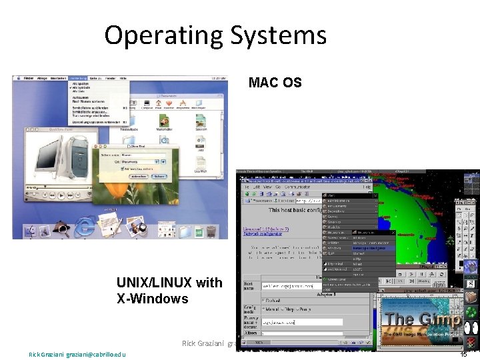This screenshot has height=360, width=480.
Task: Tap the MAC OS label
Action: coord(275,83)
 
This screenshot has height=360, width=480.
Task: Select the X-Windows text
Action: coord(153,299)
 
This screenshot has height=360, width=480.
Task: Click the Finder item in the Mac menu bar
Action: coord(29,78)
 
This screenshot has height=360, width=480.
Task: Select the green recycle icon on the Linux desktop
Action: coord(471,296)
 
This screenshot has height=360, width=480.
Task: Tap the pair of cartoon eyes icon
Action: coord(471,328)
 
